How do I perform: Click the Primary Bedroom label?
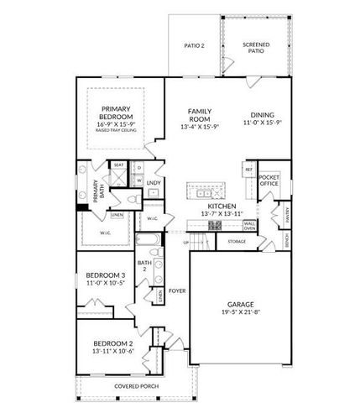[x=116, y=113]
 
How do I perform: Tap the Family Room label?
[x=199, y=115]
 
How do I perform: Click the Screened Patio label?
[x=256, y=48]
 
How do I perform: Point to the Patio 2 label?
[x=195, y=45]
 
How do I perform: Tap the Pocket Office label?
[x=269, y=181]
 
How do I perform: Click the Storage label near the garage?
[x=237, y=243]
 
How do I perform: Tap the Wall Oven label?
[x=249, y=227]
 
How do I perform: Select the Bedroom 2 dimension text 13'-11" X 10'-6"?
[x=114, y=352]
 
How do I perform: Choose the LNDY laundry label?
[x=154, y=182]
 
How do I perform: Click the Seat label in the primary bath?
[x=119, y=165]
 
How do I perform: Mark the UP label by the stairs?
[x=186, y=243]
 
